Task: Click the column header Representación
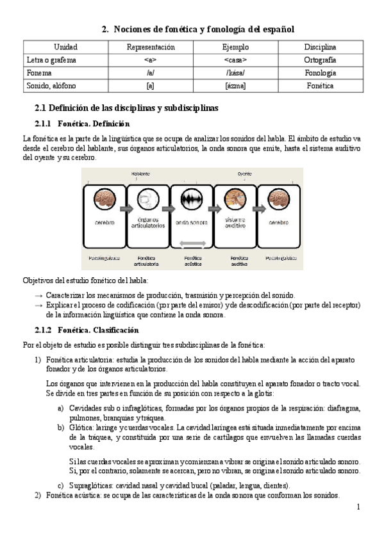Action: click(x=151, y=47)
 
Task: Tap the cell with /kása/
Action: click(x=235, y=73)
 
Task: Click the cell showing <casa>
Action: click(x=235, y=60)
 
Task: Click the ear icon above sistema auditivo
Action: click(x=235, y=199)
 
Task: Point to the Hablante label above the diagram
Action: click(x=141, y=174)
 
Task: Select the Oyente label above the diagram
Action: click(x=244, y=174)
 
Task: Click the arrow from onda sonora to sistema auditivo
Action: click(x=213, y=209)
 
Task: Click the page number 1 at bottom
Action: click(x=358, y=507)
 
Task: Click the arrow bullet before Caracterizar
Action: click(x=39, y=295)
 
